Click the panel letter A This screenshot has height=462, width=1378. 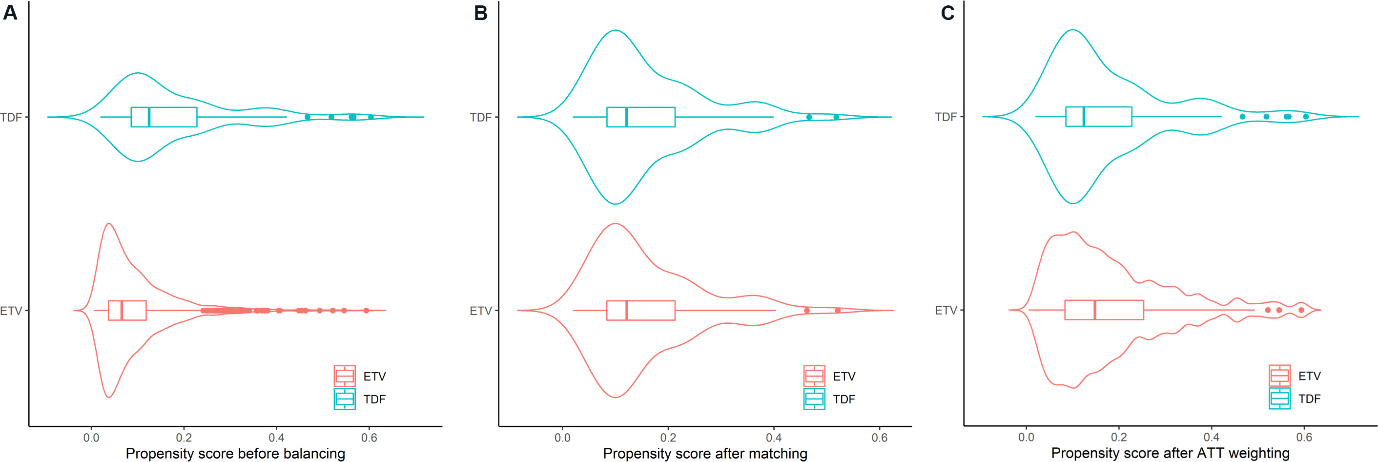pyautogui.click(x=10, y=13)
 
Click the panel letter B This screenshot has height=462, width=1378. pyautogui.click(x=480, y=13)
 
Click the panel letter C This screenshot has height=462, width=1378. pyautogui.click(x=947, y=13)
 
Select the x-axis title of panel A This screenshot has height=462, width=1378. pyautogui.click(x=235, y=453)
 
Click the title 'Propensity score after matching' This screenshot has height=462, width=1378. pyautogui.click(x=705, y=453)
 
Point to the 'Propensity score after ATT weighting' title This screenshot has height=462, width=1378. pyautogui.click(x=1171, y=453)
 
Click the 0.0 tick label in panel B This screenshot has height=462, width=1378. pyautogui.click(x=562, y=438)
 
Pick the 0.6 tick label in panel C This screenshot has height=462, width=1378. pyautogui.click(x=1304, y=438)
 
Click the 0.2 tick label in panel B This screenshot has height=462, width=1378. pyautogui.click(x=668, y=438)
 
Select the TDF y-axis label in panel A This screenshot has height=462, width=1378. pyautogui.click(x=11, y=117)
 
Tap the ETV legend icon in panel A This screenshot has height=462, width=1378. pyautogui.click(x=345, y=377)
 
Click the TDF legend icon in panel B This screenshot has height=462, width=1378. pyautogui.click(x=814, y=399)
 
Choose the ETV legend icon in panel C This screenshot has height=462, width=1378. pyautogui.click(x=1279, y=376)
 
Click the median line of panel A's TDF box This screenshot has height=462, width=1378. pyautogui.click(x=149, y=117)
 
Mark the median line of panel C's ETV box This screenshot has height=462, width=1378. pyautogui.click(x=1095, y=310)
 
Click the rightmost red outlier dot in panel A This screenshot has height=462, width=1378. pyautogui.click(x=367, y=311)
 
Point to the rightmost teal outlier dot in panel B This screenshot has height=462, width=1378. pyautogui.click(x=836, y=117)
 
